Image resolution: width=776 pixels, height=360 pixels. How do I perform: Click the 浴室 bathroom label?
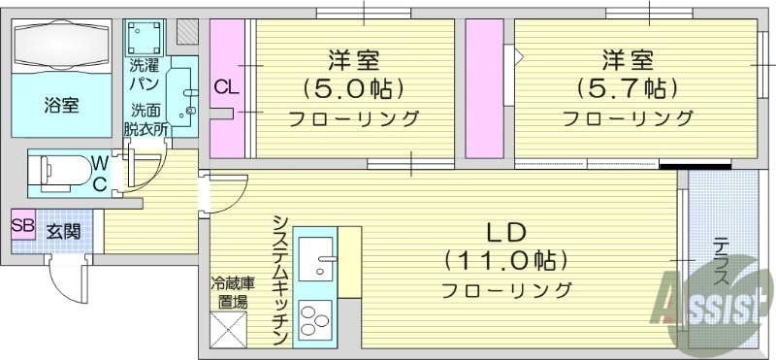coord(61,106)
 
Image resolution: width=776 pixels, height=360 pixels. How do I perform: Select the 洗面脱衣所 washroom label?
coord(146,117)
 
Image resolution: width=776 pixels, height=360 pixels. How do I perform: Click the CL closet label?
coord(226,88)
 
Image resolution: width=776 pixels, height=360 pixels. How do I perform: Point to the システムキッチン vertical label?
coord(279,278)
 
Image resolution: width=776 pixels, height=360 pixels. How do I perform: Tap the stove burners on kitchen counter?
coord(315,321)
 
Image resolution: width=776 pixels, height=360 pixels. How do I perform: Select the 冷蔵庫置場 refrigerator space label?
coord(233,292)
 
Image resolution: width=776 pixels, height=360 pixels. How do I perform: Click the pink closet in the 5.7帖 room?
coord(483,87)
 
